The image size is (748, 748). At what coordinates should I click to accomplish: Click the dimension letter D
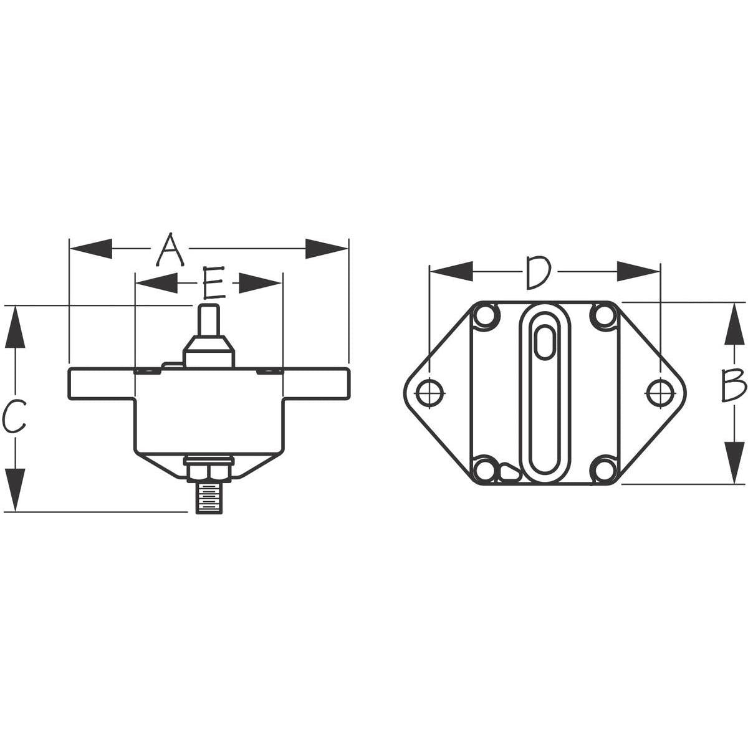[x=537, y=272]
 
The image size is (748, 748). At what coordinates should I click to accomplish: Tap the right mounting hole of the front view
[x=658, y=393]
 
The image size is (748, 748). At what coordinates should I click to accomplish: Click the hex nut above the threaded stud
[x=209, y=469]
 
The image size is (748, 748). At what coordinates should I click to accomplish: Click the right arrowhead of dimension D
[x=638, y=271]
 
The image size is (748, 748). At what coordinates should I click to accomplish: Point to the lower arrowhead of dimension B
[x=735, y=461]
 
